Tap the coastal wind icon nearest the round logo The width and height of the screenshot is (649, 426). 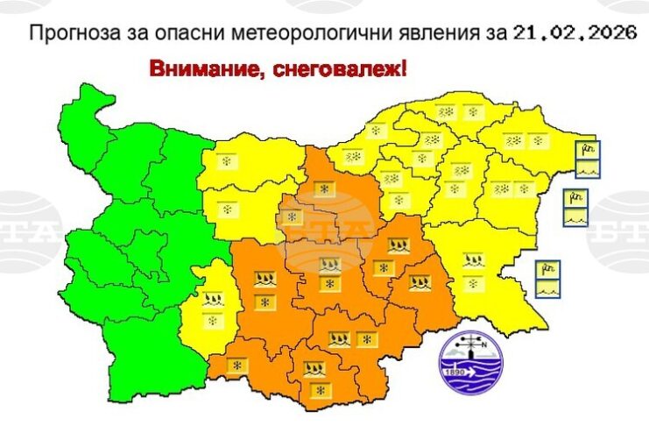tap(547, 270)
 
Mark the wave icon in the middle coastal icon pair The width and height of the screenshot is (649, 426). tap(575, 217)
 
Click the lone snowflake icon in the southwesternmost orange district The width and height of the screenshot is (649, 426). tap(235, 364)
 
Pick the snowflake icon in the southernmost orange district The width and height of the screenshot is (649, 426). tap(320, 388)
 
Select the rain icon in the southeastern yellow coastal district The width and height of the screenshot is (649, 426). tap(474, 260)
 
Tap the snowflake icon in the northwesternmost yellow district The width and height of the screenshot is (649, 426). tap(226, 162)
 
